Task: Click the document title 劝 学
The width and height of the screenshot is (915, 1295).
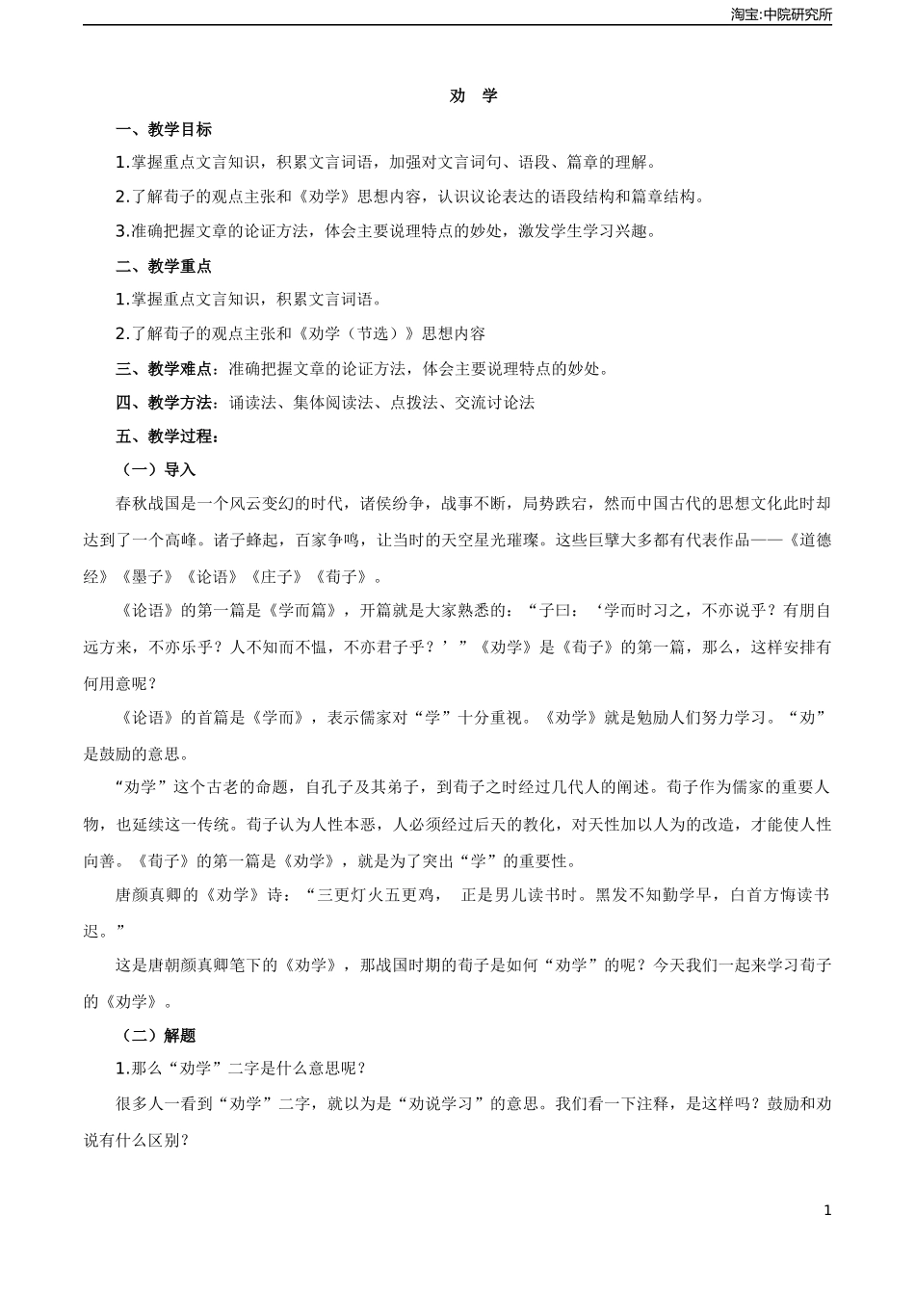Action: click(x=474, y=95)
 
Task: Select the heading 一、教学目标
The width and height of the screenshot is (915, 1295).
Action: click(x=164, y=129)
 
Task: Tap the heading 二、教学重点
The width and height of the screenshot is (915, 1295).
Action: click(x=164, y=266)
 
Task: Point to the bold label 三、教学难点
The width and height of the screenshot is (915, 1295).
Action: click(x=169, y=368)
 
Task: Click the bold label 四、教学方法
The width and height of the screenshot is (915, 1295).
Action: click(x=169, y=403)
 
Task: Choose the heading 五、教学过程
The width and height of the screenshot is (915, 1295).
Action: click(x=168, y=436)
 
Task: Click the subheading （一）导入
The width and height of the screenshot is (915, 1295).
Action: click(x=156, y=470)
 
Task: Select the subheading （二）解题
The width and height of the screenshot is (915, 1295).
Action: click(x=156, y=1036)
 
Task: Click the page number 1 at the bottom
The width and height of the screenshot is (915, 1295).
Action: click(x=827, y=1211)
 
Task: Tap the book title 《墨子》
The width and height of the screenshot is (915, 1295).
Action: click(x=147, y=577)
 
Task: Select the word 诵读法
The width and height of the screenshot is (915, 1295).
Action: click(x=253, y=403)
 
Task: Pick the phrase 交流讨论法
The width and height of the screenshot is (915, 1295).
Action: click(x=495, y=403)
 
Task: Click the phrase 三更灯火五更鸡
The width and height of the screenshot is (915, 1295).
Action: click(x=374, y=895)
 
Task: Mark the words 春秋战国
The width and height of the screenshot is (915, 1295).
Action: click(x=147, y=503)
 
